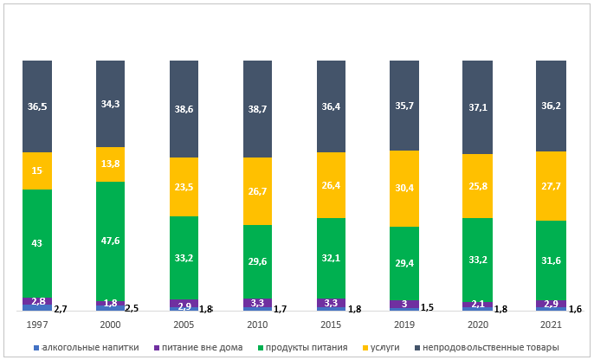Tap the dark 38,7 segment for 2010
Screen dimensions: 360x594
pyautogui.click(x=258, y=109)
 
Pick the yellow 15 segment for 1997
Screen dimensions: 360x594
pyautogui.click(x=37, y=171)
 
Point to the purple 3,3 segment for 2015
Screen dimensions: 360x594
pyautogui.click(x=332, y=304)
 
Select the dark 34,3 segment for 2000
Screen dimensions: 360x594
pyautogui.click(x=111, y=104)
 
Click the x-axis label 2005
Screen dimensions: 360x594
pyautogui.click(x=184, y=325)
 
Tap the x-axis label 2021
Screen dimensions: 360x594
pyautogui.click(x=552, y=325)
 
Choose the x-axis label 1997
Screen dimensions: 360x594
pyautogui.click(x=37, y=325)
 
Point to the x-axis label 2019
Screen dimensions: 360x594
pyautogui.click(x=405, y=325)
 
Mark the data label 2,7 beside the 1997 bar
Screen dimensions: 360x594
pyautogui.click(x=61, y=309)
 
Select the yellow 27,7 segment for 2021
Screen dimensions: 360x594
pyautogui.click(x=552, y=186)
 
